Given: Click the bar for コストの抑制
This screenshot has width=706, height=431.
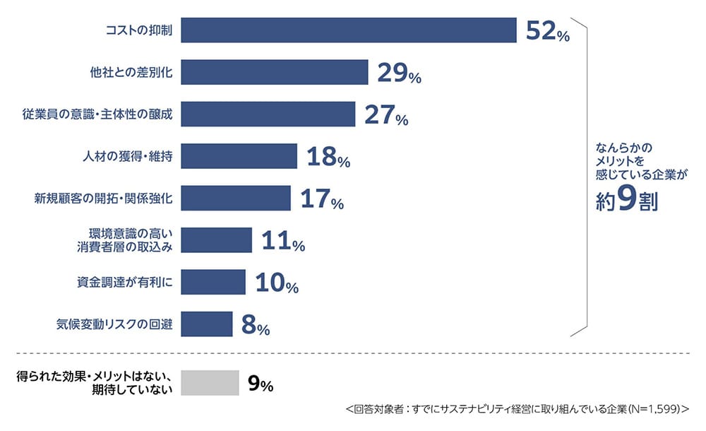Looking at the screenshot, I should pos(349,30).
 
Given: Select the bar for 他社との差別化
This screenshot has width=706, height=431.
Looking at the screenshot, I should pos(275,72).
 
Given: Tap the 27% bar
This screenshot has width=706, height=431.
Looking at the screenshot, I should pos(268,114).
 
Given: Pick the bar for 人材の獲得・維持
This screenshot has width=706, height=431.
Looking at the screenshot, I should pos(239,156).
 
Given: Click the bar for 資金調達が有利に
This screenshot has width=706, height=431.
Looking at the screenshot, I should pos(213,282).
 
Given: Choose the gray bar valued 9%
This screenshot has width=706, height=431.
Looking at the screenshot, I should pos(210,383).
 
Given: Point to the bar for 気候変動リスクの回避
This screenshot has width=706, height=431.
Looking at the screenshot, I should pos(206,324).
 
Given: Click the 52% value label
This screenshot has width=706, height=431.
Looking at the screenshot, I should pos(548,33).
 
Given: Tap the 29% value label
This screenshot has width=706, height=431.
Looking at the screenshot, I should pos(399,73).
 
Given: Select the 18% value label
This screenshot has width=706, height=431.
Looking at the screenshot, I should pos(328,158).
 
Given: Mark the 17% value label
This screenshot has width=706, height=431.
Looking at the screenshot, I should pos(321,200).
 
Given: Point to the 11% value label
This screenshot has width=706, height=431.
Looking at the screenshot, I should pos(282,242).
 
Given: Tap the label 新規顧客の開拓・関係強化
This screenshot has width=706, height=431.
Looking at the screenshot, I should pos(104,199).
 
